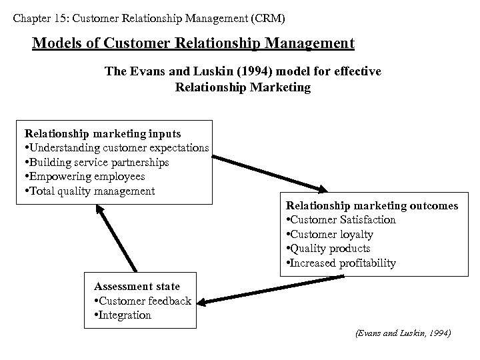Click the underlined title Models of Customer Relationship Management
click(x=193, y=44)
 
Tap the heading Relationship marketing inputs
click(x=103, y=133)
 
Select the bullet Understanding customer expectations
click(x=117, y=148)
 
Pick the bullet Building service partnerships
click(x=97, y=162)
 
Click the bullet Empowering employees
click(x=85, y=177)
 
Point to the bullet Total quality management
click(x=89, y=191)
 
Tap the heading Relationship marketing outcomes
click(x=372, y=205)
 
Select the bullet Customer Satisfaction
click(x=341, y=220)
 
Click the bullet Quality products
click(x=328, y=249)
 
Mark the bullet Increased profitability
click(x=341, y=263)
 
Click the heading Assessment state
click(x=137, y=287)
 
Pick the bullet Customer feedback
click(x=143, y=301)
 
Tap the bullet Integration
click(x=123, y=315)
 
